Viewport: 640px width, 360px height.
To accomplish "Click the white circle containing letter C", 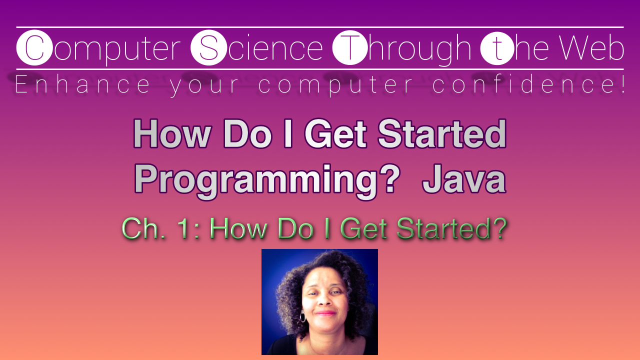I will pyautogui.click(x=34, y=48).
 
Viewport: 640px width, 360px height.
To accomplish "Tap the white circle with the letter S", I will pyautogui.click(x=208, y=48).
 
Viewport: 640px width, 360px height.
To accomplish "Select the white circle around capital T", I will pyautogui.click(x=349, y=48).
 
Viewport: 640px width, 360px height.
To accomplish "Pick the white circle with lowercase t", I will pyautogui.click(x=496, y=48).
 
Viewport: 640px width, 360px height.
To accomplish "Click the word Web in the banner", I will pyautogui.click(x=591, y=48).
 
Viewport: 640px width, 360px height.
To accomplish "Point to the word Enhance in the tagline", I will pyautogui.click(x=82, y=85).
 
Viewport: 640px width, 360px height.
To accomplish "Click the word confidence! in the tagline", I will pyautogui.click(x=529, y=85).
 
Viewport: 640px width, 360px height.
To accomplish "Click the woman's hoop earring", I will pyautogui.click(x=302, y=316).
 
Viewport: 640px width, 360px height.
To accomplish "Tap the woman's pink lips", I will pyautogui.click(x=325, y=313).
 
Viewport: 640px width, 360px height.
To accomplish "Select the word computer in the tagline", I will pyautogui.click(x=336, y=85).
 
